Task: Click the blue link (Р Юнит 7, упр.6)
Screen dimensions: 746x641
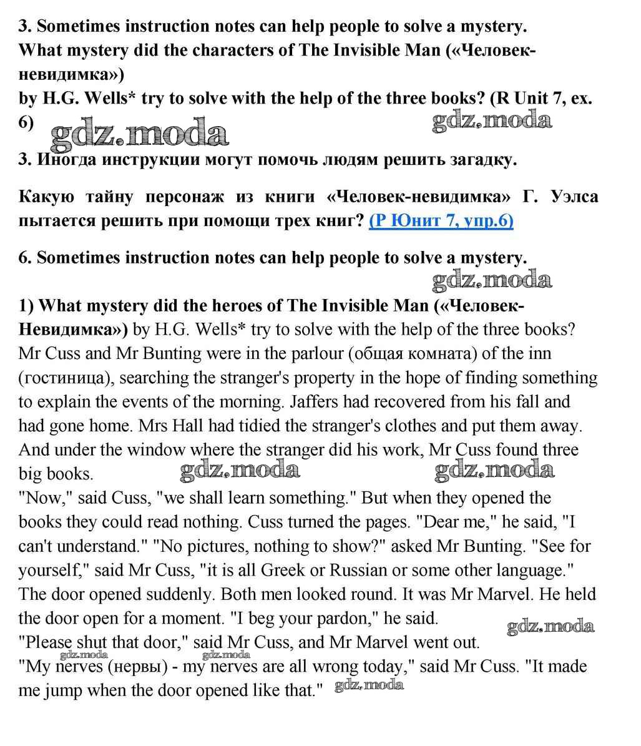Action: click(x=441, y=221)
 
